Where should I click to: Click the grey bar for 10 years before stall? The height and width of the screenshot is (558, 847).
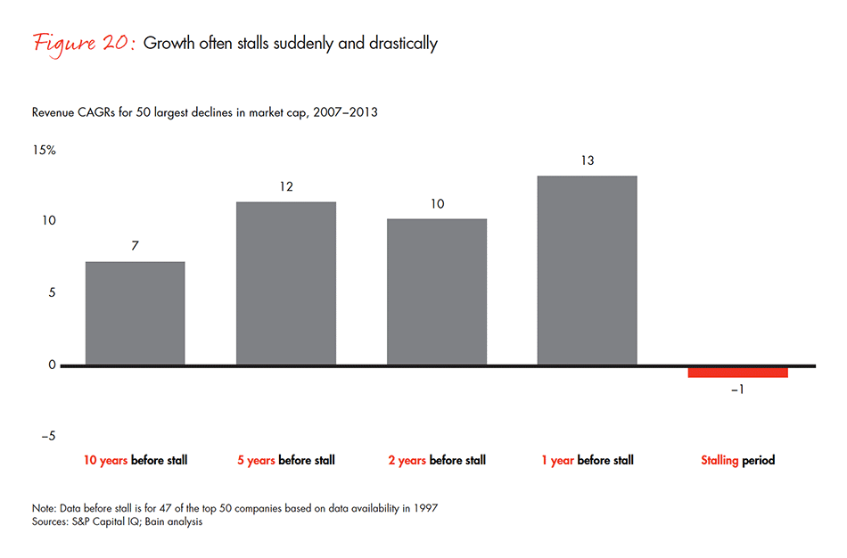click(x=135, y=313)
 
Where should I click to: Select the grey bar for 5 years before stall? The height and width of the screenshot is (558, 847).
click(x=285, y=283)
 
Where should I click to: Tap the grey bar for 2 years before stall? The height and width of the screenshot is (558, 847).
click(x=437, y=291)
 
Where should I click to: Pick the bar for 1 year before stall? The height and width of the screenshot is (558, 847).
click(x=587, y=270)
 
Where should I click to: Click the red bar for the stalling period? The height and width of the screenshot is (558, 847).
click(x=737, y=373)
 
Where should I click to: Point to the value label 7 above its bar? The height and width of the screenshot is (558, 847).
click(x=135, y=246)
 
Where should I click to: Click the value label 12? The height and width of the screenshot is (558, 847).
click(x=285, y=187)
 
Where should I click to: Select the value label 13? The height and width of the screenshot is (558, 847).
click(x=587, y=160)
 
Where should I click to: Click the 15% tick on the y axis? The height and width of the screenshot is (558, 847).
click(x=45, y=150)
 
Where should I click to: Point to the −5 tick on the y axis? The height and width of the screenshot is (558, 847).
click(x=46, y=436)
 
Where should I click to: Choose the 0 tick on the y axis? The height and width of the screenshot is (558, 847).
click(x=52, y=365)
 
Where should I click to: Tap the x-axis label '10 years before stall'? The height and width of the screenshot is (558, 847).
click(x=136, y=461)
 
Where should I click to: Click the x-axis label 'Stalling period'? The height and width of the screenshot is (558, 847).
click(x=737, y=461)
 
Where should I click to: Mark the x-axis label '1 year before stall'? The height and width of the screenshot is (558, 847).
click(x=587, y=461)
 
